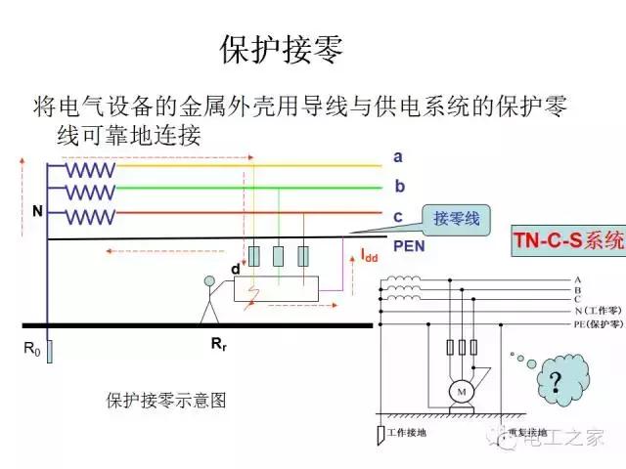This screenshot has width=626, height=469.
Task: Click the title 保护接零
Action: [283, 52]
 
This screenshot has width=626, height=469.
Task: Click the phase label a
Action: [397, 156]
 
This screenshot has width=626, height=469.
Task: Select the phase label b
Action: [399, 186]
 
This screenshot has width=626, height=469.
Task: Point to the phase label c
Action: [398, 216]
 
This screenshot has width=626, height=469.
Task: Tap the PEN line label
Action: [409, 246]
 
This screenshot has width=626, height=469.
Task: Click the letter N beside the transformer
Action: [36, 211]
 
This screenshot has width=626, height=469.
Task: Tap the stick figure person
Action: [208, 299]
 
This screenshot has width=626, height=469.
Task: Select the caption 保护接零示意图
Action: [166, 400]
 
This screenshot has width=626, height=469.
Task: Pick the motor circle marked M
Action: [459, 392]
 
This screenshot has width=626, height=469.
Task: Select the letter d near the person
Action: [235, 269]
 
